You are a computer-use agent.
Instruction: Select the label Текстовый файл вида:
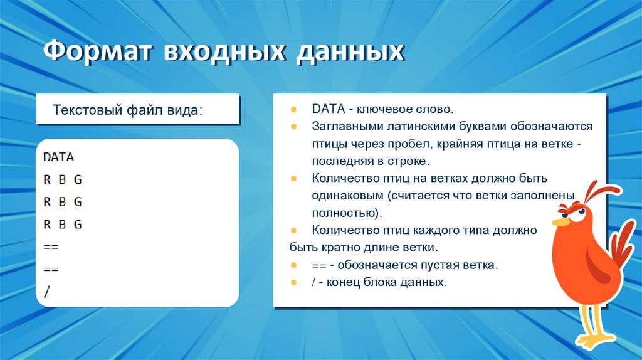click(x=128, y=110)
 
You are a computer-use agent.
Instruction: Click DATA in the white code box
click(x=58, y=157)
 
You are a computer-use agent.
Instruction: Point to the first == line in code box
click(x=50, y=247)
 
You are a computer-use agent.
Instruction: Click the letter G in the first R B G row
click(x=78, y=179)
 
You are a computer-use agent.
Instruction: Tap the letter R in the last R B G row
click(x=47, y=225)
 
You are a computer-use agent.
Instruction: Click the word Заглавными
click(x=344, y=126)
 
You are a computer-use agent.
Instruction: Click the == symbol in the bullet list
click(x=318, y=265)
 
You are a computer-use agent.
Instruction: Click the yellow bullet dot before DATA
click(x=294, y=109)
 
